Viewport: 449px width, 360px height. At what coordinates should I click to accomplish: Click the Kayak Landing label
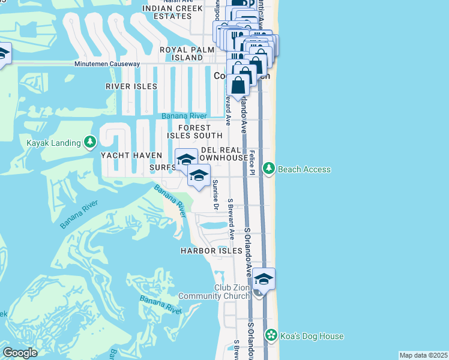click(x=53, y=143)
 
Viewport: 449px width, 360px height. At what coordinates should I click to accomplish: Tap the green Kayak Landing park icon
click(x=90, y=142)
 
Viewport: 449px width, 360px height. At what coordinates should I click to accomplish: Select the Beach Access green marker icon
click(x=270, y=169)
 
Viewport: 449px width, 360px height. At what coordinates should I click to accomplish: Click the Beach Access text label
click(x=304, y=169)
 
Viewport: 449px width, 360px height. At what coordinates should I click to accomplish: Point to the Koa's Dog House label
click(x=312, y=336)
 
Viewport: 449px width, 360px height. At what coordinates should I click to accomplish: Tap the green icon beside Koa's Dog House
click(x=271, y=335)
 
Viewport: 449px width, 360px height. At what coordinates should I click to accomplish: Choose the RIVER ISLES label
click(x=131, y=86)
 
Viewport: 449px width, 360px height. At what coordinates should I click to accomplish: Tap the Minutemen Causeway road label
click(x=107, y=64)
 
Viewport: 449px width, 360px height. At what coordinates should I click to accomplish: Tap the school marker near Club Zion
click(x=264, y=280)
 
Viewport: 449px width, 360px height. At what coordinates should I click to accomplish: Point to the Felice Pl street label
click(x=253, y=163)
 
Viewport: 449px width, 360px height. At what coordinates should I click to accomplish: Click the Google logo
click(x=20, y=353)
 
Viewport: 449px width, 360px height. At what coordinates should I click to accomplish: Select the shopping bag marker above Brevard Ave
click(x=238, y=86)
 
